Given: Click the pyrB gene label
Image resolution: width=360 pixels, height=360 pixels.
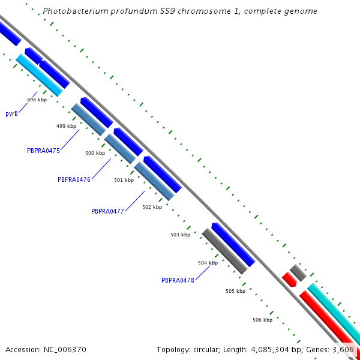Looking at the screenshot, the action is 12,113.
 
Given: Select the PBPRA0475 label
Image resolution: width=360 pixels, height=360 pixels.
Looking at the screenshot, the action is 43,151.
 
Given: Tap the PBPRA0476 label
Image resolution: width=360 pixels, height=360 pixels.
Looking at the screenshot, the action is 74,179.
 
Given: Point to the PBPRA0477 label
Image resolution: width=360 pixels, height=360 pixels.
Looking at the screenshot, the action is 107,211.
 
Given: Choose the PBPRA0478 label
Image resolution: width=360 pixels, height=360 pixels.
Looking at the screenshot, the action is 178,280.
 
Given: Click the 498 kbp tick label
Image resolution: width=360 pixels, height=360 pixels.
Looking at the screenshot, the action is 37,100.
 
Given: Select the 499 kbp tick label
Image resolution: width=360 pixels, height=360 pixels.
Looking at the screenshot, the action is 67,126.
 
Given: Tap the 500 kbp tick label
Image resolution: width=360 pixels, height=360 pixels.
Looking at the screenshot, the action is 95,153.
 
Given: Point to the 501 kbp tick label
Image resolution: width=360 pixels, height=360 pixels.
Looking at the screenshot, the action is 124,180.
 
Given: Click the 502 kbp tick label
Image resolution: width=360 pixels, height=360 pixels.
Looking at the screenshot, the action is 152,207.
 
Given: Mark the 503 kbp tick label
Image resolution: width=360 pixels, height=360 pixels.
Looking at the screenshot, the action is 181,235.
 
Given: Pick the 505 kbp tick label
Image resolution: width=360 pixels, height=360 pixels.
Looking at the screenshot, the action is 236,291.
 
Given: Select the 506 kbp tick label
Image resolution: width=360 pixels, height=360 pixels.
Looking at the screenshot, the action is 263,320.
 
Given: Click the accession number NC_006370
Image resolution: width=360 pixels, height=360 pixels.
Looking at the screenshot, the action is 65,350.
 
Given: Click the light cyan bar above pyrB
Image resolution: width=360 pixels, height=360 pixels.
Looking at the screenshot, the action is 39,76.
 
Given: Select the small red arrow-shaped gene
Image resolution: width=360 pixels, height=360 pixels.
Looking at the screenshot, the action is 289,280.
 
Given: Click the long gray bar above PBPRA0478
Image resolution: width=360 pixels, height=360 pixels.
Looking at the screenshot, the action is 225,251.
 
